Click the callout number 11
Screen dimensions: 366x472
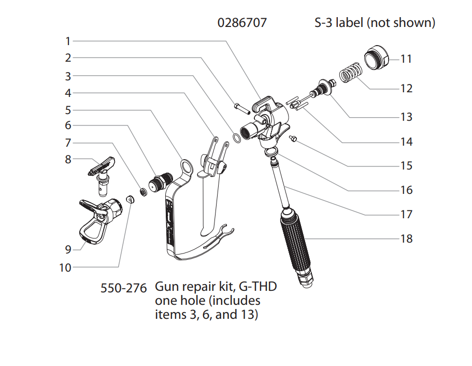(406, 59)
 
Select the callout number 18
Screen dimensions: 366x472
(406, 238)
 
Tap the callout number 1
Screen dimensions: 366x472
(68, 40)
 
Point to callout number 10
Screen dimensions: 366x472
(66, 268)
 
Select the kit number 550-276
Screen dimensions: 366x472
(124, 287)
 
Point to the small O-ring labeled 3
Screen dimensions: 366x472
(236, 138)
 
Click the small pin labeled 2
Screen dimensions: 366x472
(239, 107)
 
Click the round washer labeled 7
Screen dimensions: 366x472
(142, 192)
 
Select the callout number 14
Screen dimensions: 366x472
(406, 142)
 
